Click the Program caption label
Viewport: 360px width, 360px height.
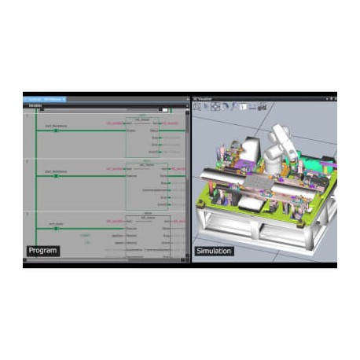tap(43, 251)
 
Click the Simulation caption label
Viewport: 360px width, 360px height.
tap(215, 251)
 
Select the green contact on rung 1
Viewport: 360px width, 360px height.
tap(56, 130)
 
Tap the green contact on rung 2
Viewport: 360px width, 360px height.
tap(56, 176)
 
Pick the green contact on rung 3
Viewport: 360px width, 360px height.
tap(56, 228)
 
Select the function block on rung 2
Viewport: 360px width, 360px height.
tap(146, 186)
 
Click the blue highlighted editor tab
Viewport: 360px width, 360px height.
tap(45, 99)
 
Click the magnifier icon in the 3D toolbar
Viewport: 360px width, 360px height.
tap(233, 106)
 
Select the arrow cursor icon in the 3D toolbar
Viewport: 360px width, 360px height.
tap(206, 106)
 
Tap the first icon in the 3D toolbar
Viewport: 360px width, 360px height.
tap(197, 106)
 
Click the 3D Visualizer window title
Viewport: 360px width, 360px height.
tap(204, 99)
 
